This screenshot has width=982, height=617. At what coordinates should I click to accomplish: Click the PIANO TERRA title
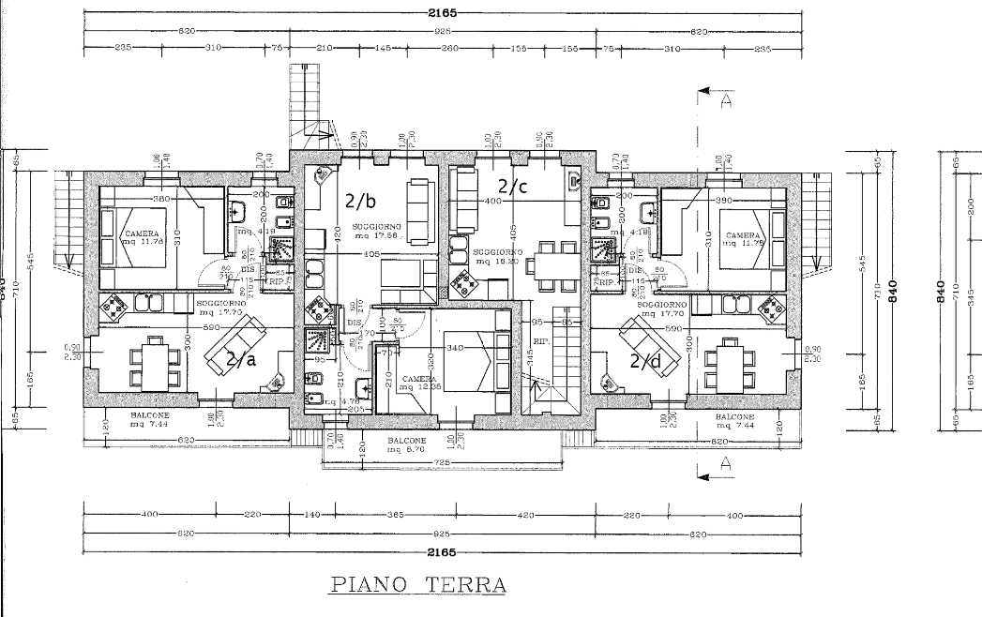click(x=418, y=585)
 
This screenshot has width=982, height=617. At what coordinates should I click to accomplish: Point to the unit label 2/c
click(x=513, y=186)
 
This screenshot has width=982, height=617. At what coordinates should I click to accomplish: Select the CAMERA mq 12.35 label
click(x=419, y=383)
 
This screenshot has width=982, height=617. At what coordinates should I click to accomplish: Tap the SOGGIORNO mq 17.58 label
click(x=378, y=232)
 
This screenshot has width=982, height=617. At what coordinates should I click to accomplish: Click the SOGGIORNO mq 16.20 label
click(x=497, y=257)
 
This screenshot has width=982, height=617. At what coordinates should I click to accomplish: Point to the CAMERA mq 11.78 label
click(x=142, y=238)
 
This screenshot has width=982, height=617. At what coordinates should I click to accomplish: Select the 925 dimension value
click(x=442, y=31)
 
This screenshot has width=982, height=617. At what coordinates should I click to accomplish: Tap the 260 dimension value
click(x=448, y=48)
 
